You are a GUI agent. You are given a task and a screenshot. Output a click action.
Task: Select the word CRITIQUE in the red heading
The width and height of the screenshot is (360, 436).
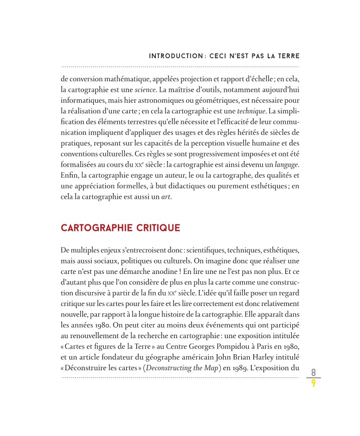pos(156,228)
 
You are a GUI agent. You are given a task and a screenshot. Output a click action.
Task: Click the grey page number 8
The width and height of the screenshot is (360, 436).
pos(313,372)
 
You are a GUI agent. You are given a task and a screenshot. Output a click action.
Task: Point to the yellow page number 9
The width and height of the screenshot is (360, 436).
pos(313,384)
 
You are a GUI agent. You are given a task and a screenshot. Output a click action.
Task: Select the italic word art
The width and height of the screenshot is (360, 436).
pos(165,197)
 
